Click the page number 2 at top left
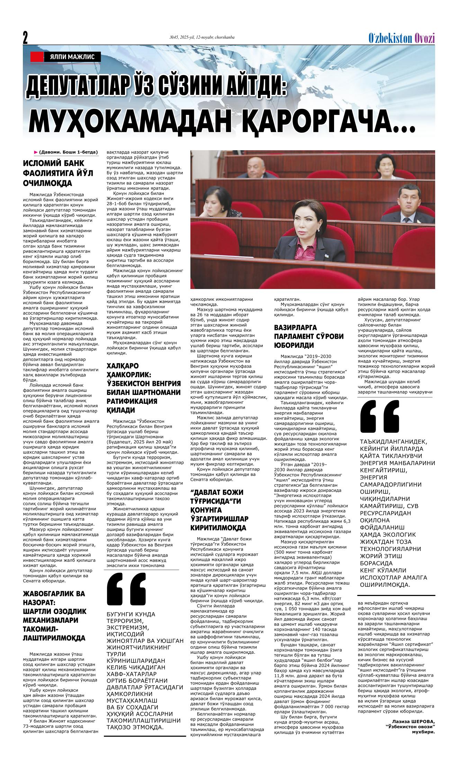pyautogui.click(x=25, y=37)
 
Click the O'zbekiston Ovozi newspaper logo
pyautogui.click(x=401, y=38)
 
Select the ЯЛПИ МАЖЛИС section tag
pyautogui.click(x=72, y=57)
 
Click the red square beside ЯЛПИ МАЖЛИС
pyautogui.click(x=37, y=57)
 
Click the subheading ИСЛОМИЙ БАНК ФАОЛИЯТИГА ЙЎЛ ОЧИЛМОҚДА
pyautogui.click(x=58, y=173)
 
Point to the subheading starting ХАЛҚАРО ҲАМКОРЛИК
pyautogui.click(x=143, y=392)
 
